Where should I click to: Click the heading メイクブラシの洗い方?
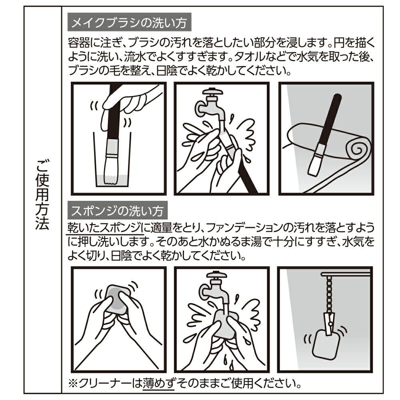pos(129,23)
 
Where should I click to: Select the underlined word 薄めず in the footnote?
pos(158,383)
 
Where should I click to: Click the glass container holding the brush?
pos(112,161)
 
